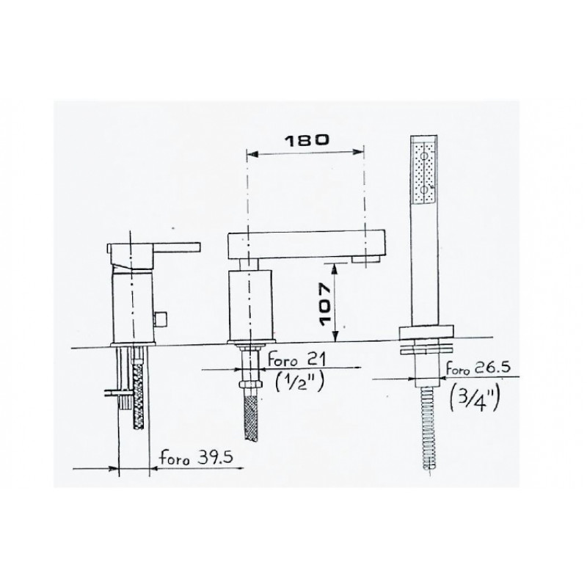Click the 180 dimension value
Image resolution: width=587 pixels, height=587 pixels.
coord(307,140)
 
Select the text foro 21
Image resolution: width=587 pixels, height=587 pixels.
coord(297,360)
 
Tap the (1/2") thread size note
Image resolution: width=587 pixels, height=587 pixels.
coord(299,382)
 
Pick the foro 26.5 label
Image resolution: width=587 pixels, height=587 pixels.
coord(478,368)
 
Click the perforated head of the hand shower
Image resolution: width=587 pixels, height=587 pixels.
coord(424,171)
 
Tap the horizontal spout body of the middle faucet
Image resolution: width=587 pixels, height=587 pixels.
coord(306,245)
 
